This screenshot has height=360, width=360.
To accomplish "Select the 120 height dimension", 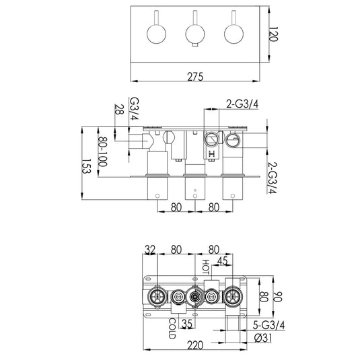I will point(273,35).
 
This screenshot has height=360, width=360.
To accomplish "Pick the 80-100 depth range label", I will point(102,153).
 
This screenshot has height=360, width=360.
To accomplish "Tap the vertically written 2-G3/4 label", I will point(273,177).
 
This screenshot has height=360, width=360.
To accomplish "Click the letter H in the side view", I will point(213,154).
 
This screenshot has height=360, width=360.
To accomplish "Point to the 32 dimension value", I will point(151,250).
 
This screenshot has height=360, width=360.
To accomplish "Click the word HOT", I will point(206,266).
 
